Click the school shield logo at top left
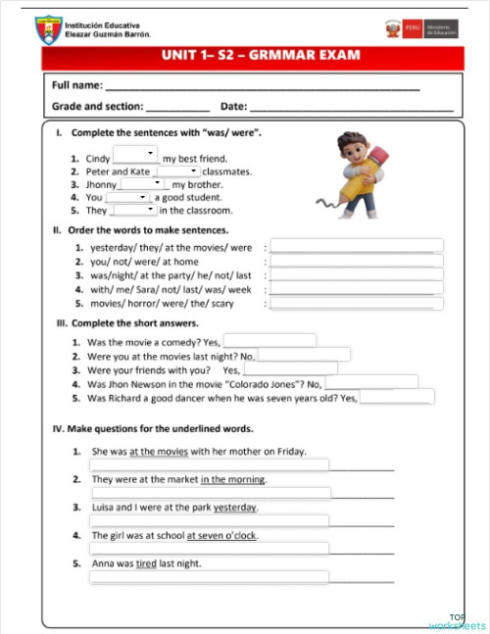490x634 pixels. pos(47,30)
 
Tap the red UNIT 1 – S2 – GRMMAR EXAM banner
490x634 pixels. pos(253,56)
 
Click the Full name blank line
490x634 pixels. pos(264,88)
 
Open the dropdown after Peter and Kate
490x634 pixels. pos(177,171)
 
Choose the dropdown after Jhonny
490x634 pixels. pos(143,183)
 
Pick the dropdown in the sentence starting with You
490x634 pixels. pos(127,196)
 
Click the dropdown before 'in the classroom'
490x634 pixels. pos(134,210)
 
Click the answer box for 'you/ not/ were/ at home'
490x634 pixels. pos(357,262)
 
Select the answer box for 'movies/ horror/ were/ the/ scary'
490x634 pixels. pos(357,304)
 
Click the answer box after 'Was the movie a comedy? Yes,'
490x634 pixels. pos(269,341)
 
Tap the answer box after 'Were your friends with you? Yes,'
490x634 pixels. pos(289,369)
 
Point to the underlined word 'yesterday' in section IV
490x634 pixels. pos(235,508)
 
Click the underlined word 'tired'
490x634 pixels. pos(146,563)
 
